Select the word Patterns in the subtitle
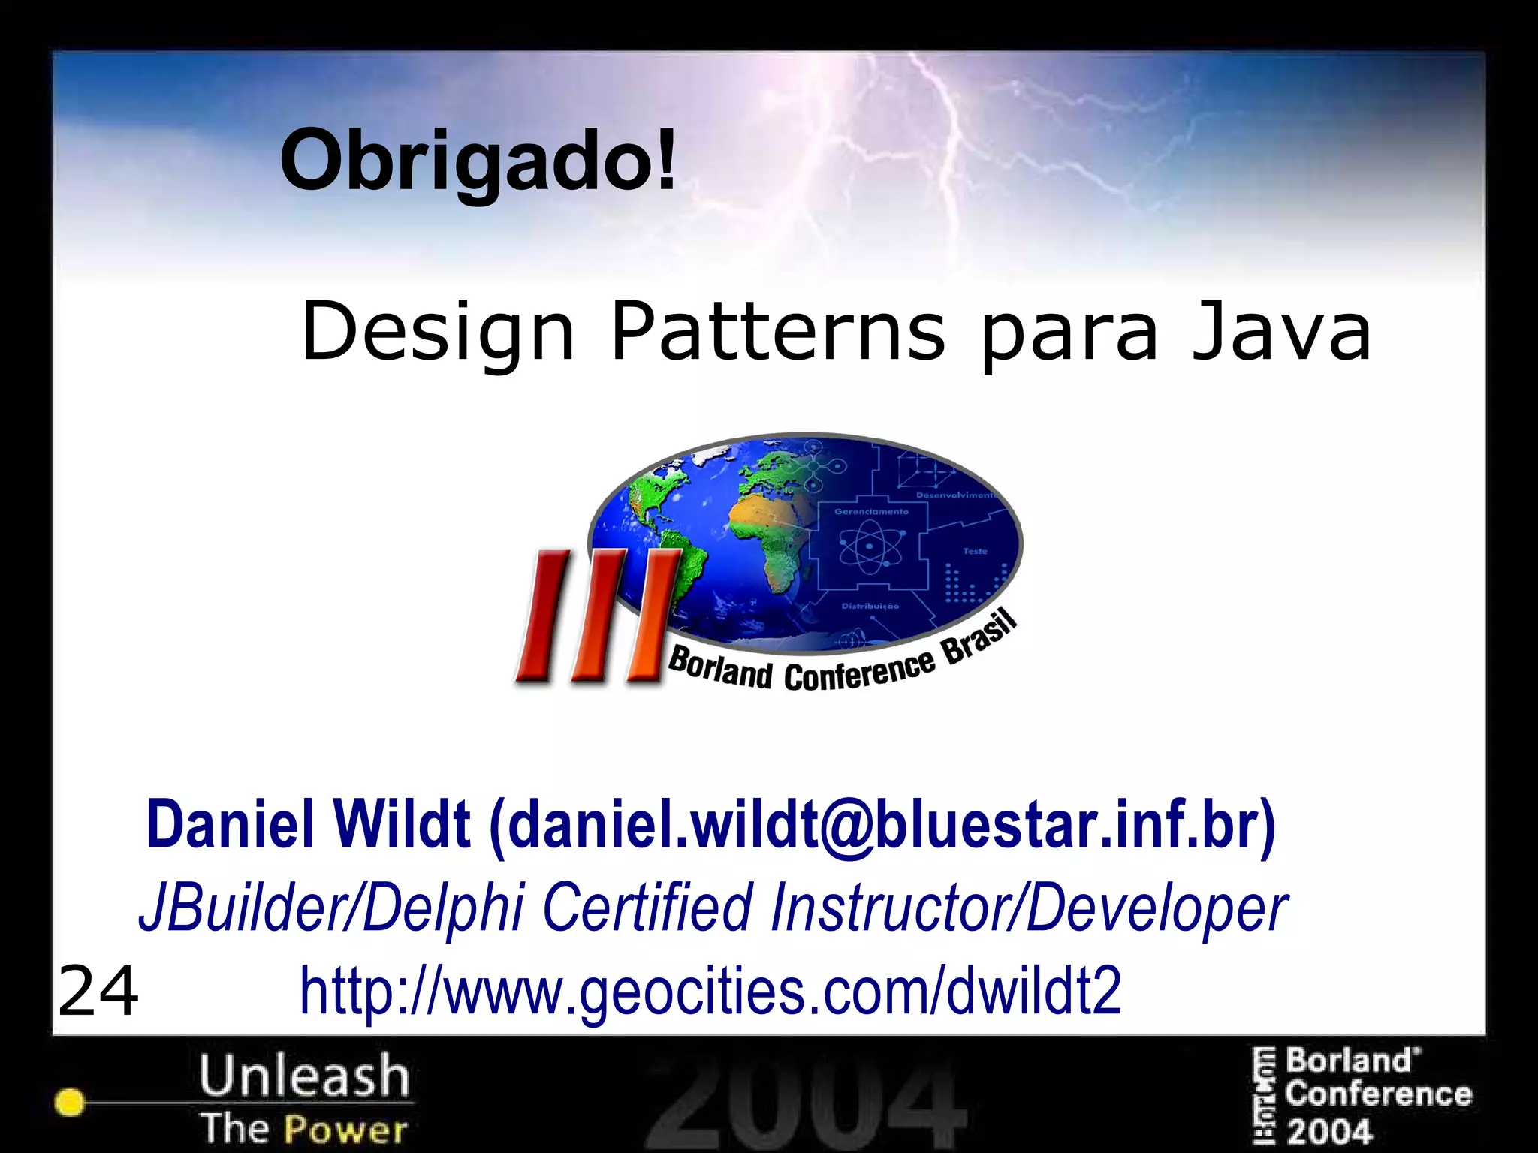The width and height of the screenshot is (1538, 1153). click(x=778, y=332)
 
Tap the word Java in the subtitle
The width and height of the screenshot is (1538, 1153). click(x=1281, y=332)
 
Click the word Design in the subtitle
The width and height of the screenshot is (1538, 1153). click(x=437, y=332)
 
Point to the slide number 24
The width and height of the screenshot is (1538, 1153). click(x=98, y=991)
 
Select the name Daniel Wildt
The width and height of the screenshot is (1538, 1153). click(x=308, y=824)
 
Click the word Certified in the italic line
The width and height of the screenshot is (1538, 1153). click(x=647, y=907)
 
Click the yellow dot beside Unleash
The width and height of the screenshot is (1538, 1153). click(x=70, y=1102)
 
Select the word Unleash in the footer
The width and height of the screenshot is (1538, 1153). click(x=304, y=1075)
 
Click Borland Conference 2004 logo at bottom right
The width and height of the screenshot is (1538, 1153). click(x=1363, y=1096)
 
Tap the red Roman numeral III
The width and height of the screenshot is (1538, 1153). click(x=597, y=616)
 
